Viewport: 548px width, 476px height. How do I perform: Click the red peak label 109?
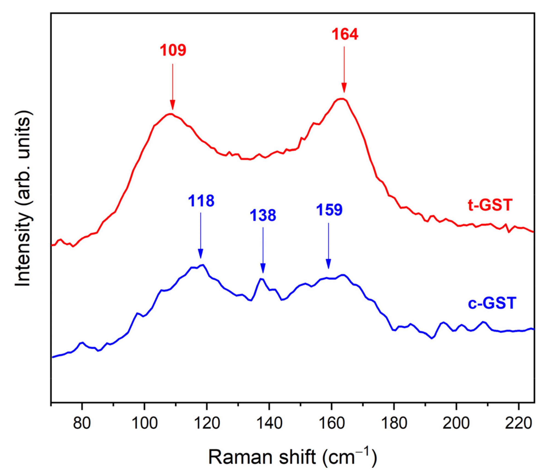[x=173, y=50]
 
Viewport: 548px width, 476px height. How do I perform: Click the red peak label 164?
[x=345, y=34]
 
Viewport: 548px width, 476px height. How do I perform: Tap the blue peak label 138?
[x=263, y=215]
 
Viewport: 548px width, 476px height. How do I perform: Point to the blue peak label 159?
[x=329, y=210]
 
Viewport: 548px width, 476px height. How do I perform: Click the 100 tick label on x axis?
[x=144, y=423]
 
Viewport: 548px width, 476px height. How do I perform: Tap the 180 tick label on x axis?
[x=394, y=423]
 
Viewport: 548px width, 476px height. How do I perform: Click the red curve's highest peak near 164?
[x=342, y=99]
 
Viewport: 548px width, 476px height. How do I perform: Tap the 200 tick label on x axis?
[x=456, y=423]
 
